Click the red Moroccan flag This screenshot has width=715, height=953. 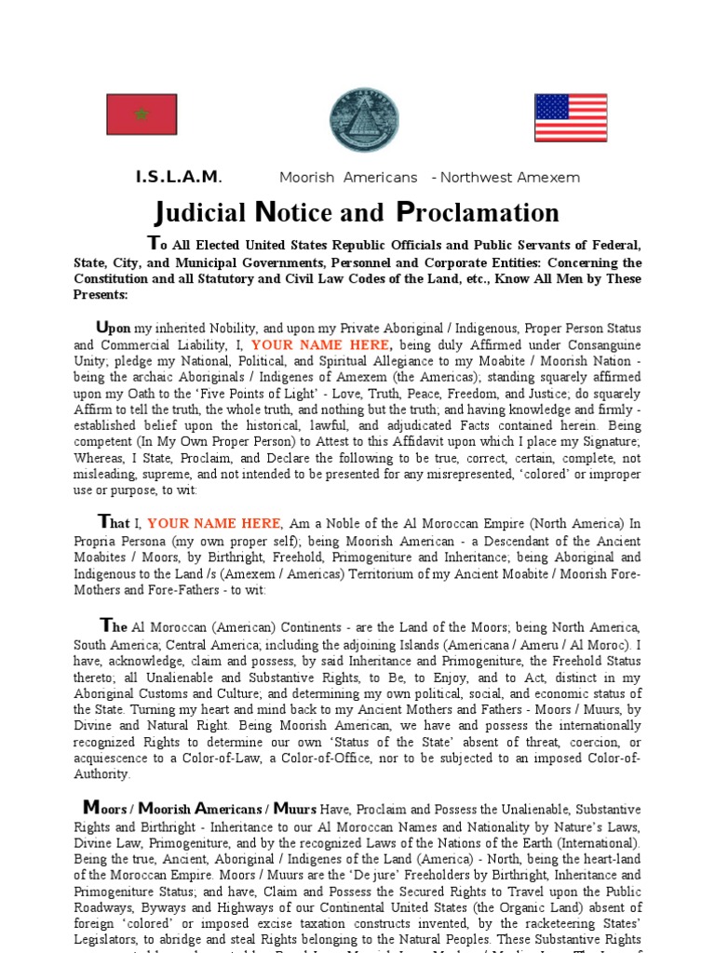tap(142, 114)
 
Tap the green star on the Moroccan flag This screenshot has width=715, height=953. tap(142, 114)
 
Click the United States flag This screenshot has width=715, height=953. tap(571, 117)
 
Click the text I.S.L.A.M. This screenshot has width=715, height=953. tap(179, 177)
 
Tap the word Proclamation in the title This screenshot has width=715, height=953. tap(478, 213)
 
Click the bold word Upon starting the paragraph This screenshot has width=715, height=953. tap(114, 329)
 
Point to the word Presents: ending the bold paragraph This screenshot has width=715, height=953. tap(101, 295)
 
